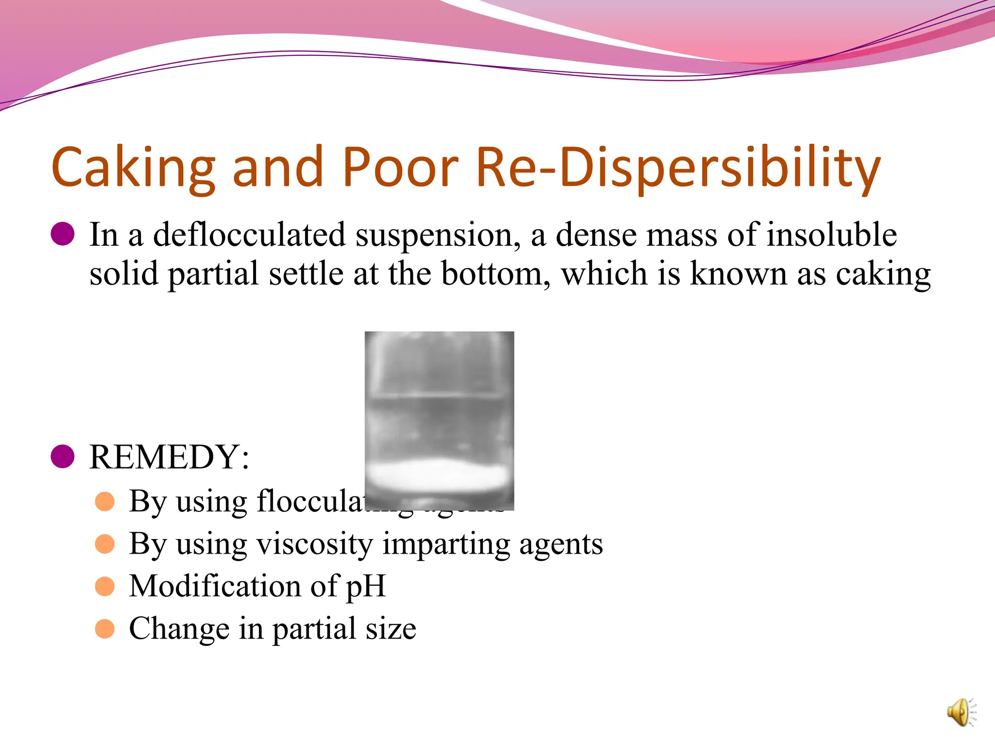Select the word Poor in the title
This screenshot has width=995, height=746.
400,168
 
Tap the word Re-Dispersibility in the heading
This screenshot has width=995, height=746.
678,168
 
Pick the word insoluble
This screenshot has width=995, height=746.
831,235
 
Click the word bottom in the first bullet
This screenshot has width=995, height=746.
496,274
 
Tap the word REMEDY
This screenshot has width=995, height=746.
165,457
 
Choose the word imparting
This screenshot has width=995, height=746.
446,544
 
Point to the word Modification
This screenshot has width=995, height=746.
216,586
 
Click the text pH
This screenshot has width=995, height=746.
365,587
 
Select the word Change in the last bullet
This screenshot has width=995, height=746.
179,629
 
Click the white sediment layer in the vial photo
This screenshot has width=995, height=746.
439,475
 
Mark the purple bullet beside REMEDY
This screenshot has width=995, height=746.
63,457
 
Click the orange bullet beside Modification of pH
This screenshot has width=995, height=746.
105,586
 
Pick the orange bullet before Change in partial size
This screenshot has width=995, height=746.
105,628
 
